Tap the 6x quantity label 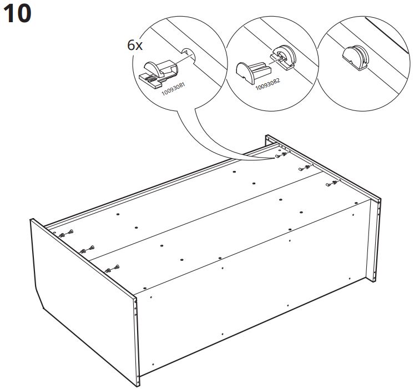pos(135,46)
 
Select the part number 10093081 pos(174,89)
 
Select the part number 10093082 pos(267,84)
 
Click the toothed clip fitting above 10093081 pos(158,75)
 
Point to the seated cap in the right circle pos(355,58)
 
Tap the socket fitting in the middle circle pos(283,57)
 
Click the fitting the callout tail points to pos(281,155)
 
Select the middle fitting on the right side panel pos(306,168)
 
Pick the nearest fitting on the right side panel pos(332,183)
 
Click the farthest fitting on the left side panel pos(66,234)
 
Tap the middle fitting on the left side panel pos(87,249)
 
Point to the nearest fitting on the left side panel pos(112,269)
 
